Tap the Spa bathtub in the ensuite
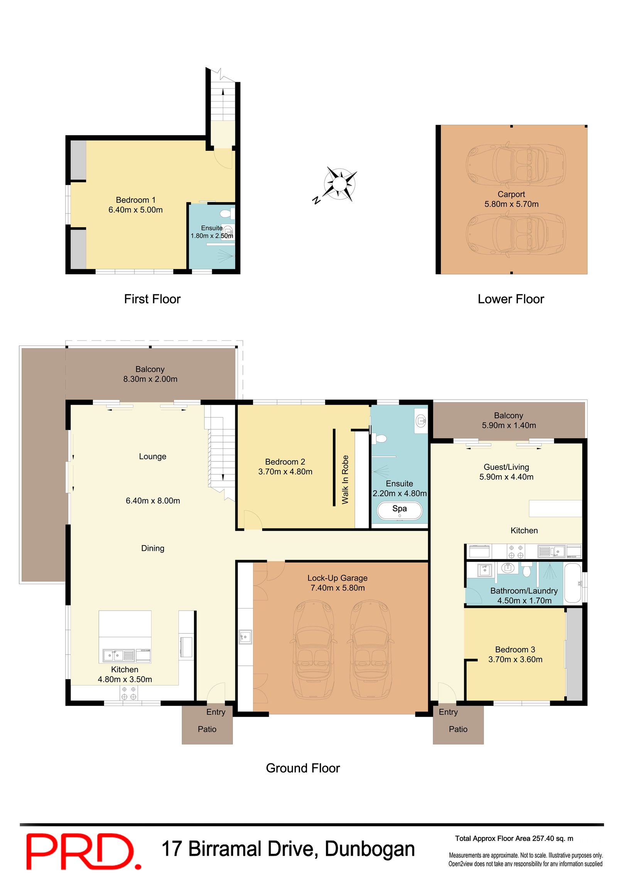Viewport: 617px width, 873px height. (400, 510)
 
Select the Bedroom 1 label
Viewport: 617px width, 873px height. (135, 200)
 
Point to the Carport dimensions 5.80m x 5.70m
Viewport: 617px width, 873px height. (511, 204)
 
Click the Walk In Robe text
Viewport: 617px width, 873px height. (345, 479)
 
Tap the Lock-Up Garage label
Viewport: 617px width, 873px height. (337, 578)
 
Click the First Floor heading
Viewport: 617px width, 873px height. (152, 299)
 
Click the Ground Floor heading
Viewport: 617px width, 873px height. (303, 768)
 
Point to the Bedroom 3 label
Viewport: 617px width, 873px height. (515, 650)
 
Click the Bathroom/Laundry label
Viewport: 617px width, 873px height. (524, 591)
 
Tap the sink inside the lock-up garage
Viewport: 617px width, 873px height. (245, 637)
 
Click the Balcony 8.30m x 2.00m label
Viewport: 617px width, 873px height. (150, 374)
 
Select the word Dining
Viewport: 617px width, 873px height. (153, 548)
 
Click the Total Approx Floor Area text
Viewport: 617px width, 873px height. (514, 838)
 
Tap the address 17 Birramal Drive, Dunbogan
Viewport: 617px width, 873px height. (288, 849)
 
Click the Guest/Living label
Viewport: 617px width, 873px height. (506, 467)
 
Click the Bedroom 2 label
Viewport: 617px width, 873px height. (285, 462)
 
